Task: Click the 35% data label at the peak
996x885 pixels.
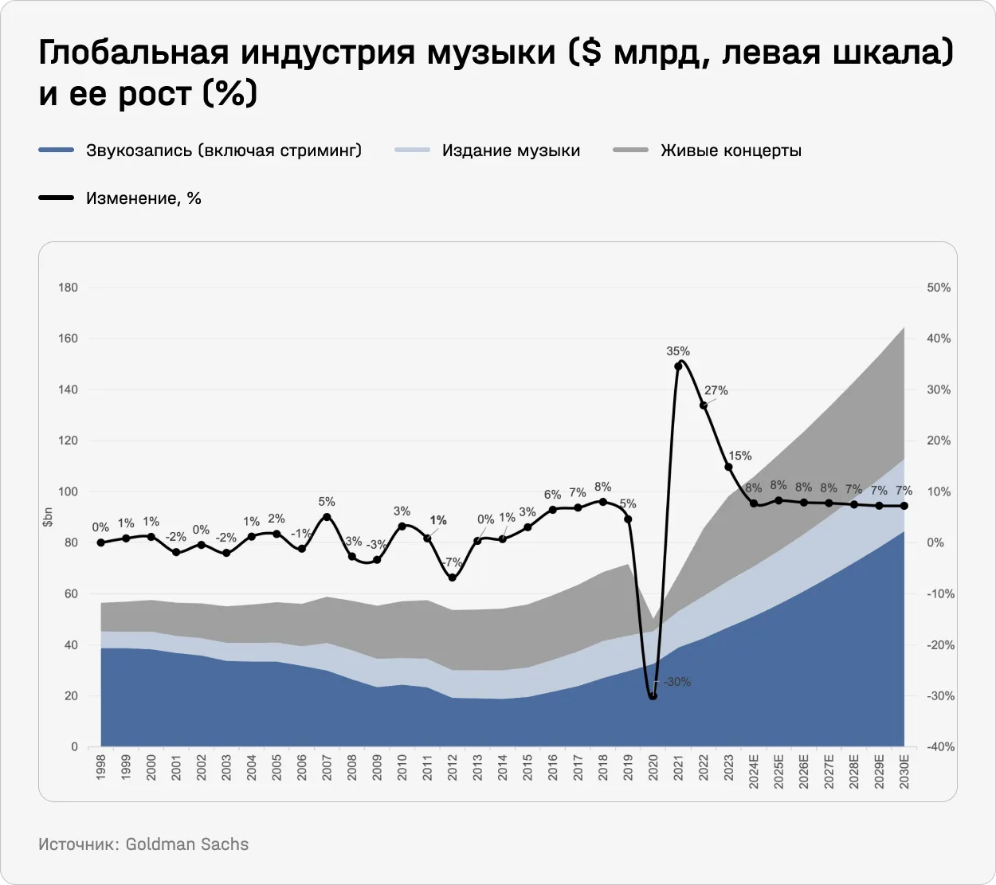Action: [678, 351]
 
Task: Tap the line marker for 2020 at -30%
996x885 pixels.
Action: [653, 696]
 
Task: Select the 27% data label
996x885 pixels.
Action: [716, 390]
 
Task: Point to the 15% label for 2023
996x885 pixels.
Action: [739, 456]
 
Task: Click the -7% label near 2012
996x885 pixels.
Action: [453, 562]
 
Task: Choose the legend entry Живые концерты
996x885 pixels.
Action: [730, 151]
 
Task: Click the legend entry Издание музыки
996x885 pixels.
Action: [511, 151]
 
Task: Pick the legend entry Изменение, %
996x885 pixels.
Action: [143, 198]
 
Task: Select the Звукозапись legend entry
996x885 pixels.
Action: [223, 151]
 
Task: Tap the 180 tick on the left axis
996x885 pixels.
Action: [69, 288]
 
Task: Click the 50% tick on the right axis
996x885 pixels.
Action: [939, 288]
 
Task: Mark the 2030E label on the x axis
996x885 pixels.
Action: [904, 770]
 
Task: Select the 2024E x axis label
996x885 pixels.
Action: [754, 770]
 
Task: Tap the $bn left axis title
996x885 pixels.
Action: [49, 517]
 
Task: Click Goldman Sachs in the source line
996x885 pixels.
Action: [186, 844]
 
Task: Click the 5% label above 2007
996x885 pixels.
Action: [327, 502]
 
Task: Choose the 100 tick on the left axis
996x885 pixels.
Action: [69, 491]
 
